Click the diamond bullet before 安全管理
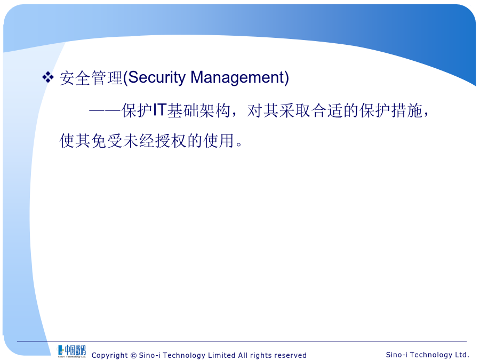pyautogui.click(x=48, y=77)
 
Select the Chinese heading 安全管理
pyautogui.click(x=91, y=78)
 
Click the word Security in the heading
pyautogui.click(x=157, y=77)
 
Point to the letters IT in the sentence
pyautogui.click(x=159, y=110)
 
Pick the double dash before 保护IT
pyautogui.click(x=105, y=111)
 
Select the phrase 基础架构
pyautogui.click(x=199, y=110)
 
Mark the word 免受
pyautogui.click(x=107, y=141)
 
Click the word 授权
pyautogui.click(x=171, y=141)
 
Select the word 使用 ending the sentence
pyautogui.click(x=219, y=141)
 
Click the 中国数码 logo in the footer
pyautogui.click(x=72, y=351)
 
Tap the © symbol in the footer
pyautogui.click(x=133, y=355)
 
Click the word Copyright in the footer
pyautogui.click(x=109, y=355)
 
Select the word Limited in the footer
pyautogui.click(x=222, y=355)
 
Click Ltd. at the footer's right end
pyautogui.click(x=462, y=355)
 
